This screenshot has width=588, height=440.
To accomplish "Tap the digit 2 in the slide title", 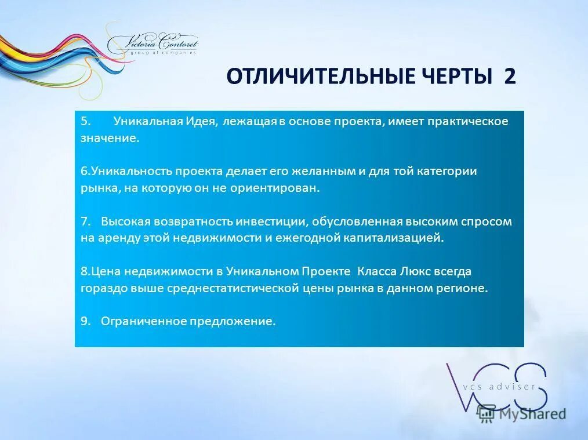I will coord(509,77).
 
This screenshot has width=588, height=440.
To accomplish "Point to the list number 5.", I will coord(85,121).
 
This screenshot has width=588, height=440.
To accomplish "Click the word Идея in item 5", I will coord(200,121).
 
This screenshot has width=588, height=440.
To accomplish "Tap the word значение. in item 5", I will coord(110,139).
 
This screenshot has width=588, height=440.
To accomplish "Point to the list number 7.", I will coord(85,221).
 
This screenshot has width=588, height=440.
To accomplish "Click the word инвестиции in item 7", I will coord(275,221).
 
